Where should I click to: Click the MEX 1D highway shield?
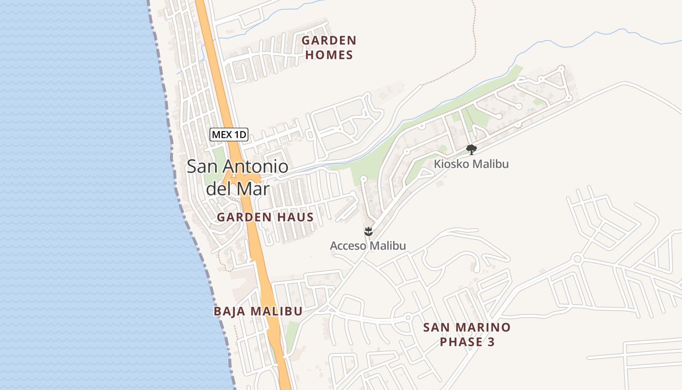coord(229,135)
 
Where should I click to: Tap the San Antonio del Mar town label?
coord(238,177)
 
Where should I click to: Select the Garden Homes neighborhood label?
coord(329,47)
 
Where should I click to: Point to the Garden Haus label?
coord(265,217)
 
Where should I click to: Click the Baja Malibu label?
coord(258,311)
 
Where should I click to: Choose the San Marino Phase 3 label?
coord(467,334)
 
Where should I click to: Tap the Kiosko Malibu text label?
coord(471,164)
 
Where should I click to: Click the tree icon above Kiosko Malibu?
coord(471,149)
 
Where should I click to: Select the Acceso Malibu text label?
coord(368,246)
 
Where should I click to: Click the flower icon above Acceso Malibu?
coord(368,231)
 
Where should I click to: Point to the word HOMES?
coord(329,55)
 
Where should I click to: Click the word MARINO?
coord(487,327)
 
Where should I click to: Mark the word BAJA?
coord(229,311)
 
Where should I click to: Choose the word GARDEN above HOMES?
coord(329,40)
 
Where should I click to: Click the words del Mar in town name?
coord(238,188)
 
